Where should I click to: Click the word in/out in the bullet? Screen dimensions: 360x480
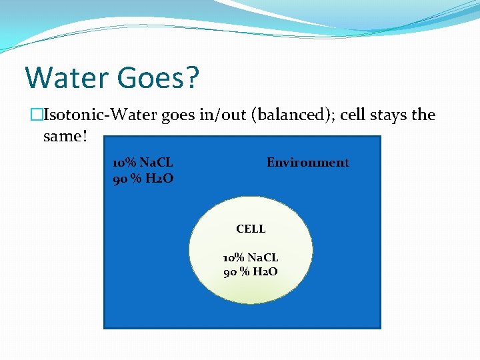pyautogui.click(x=223, y=115)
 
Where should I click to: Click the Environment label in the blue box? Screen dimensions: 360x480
pyautogui.click(x=307, y=163)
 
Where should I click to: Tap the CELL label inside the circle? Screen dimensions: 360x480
pyautogui.click(x=251, y=229)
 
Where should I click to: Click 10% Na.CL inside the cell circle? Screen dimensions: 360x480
pyautogui.click(x=251, y=257)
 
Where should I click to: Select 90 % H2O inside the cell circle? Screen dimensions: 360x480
pyautogui.click(x=251, y=271)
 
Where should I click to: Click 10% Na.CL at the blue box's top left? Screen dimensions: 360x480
pyautogui.click(x=143, y=163)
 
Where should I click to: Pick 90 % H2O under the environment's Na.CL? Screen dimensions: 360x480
pyautogui.click(x=143, y=178)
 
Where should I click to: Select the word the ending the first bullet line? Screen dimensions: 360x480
pyautogui.click(x=423, y=115)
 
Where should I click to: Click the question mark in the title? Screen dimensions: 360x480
pyautogui.click(x=192, y=78)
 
